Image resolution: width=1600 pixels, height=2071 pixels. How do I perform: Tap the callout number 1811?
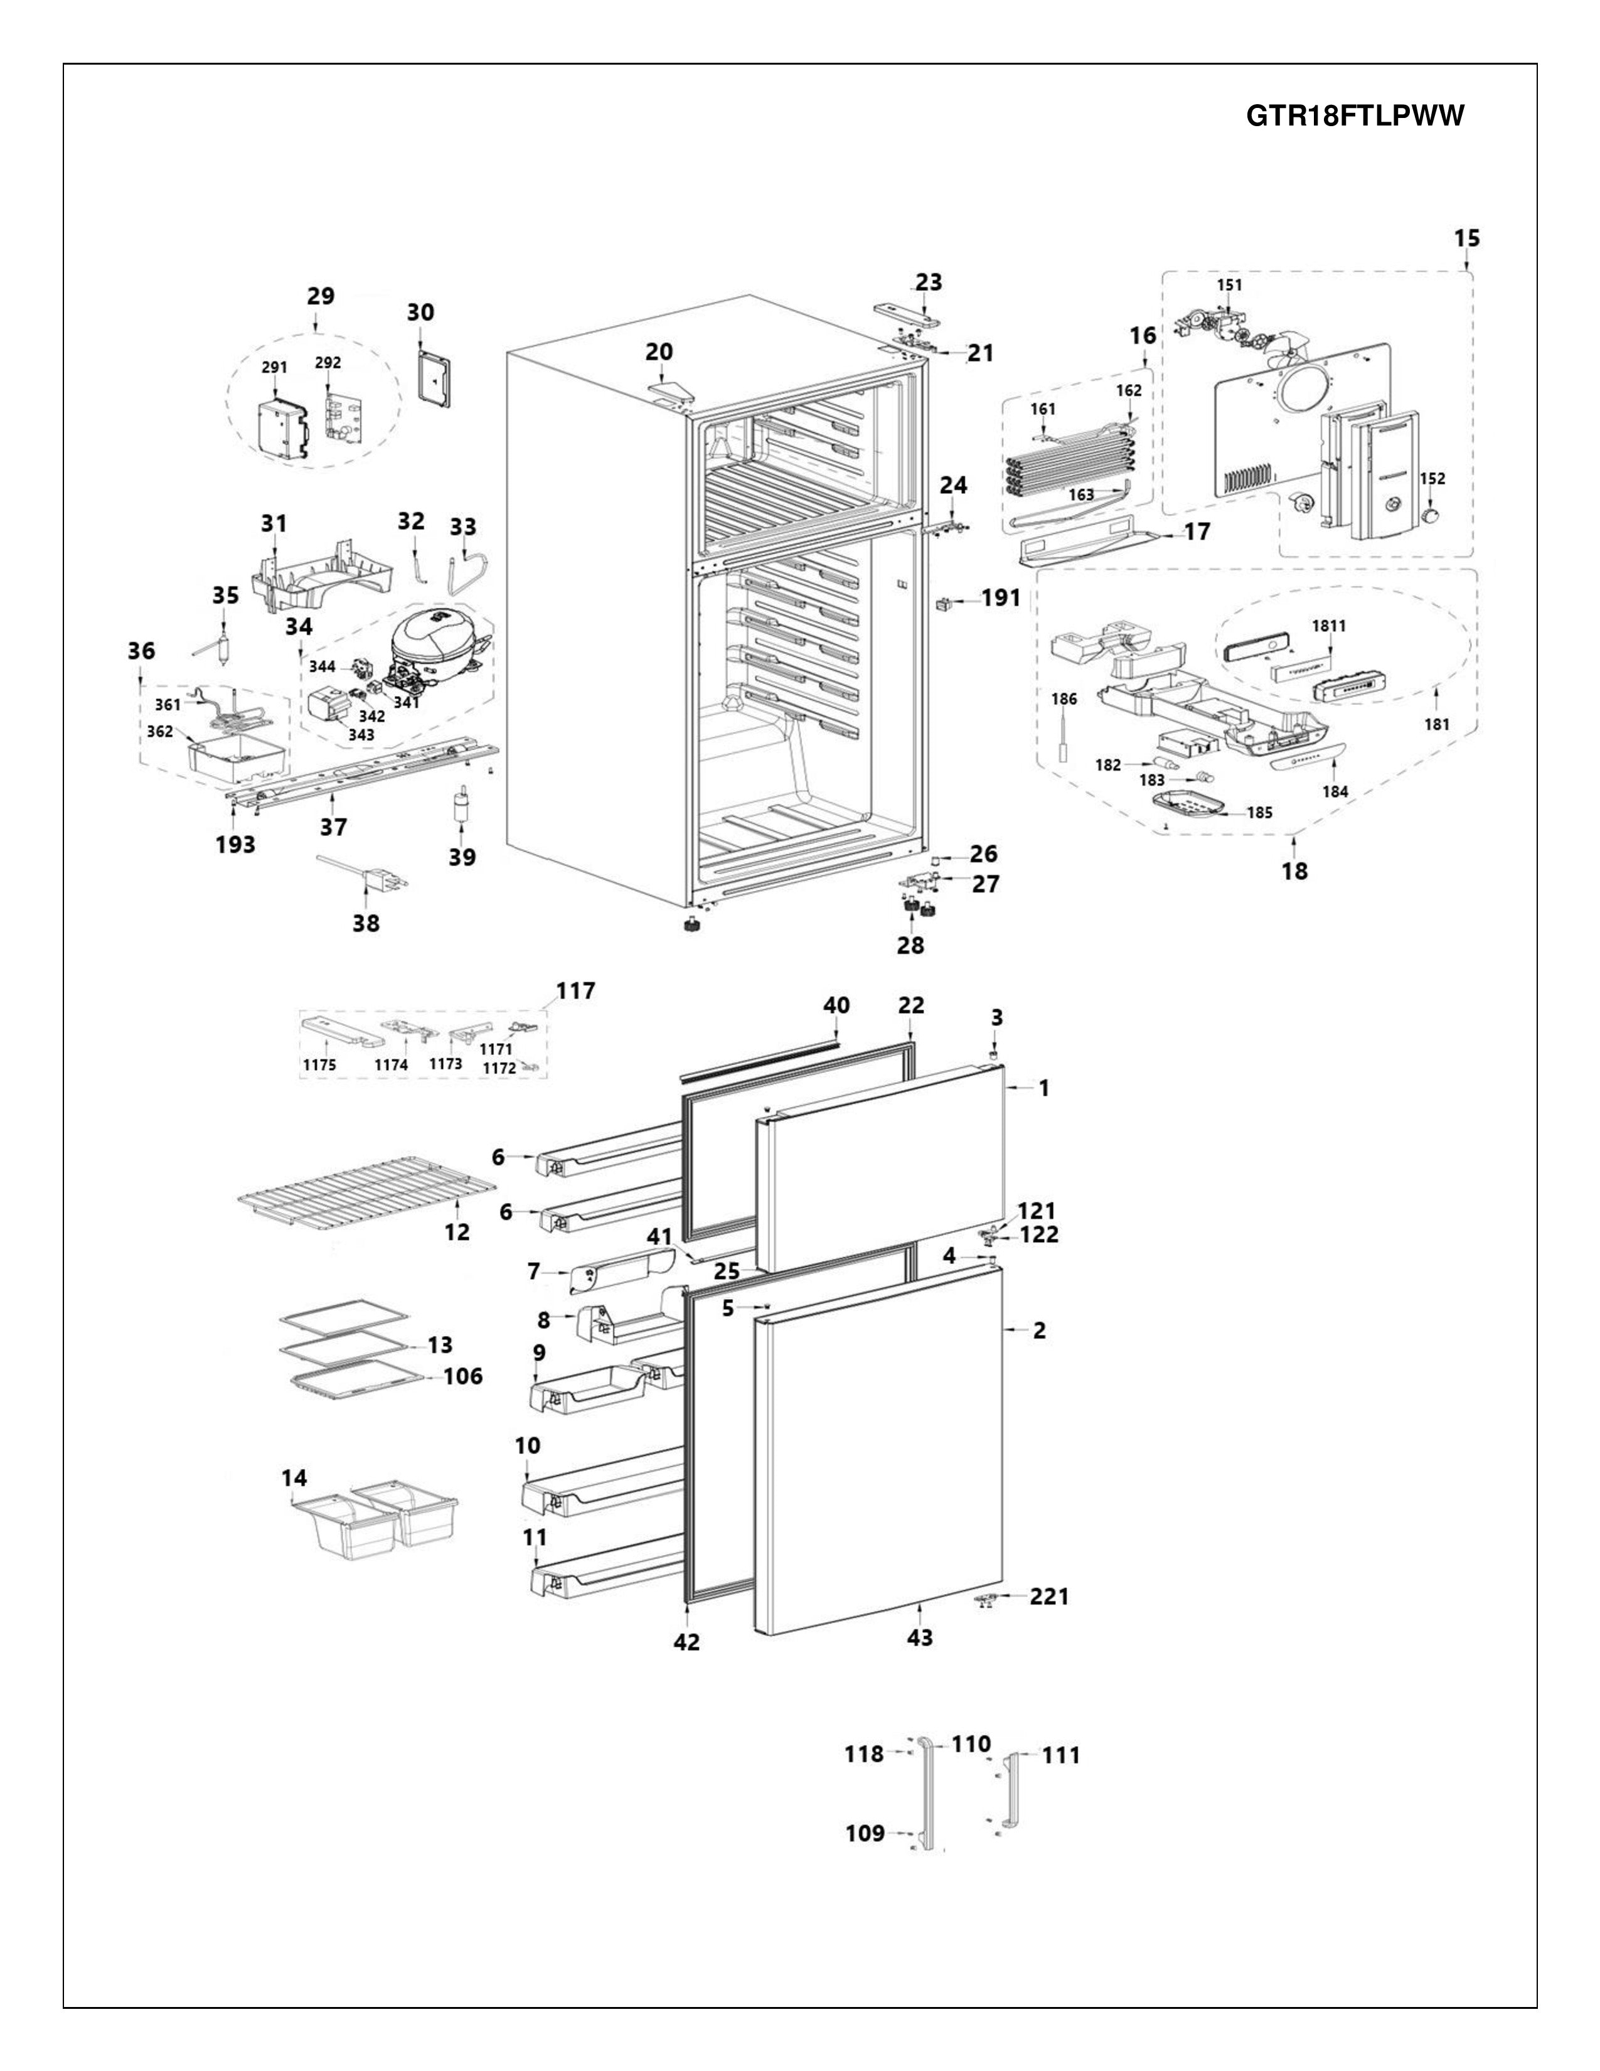point(1328,626)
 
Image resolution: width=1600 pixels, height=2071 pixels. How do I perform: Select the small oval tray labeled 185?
point(1182,805)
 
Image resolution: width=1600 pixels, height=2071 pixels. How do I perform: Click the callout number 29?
point(321,296)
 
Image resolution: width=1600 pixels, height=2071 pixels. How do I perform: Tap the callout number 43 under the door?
point(919,1637)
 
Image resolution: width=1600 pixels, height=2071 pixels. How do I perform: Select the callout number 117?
point(575,991)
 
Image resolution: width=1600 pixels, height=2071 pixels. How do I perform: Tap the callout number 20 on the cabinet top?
point(659,352)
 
